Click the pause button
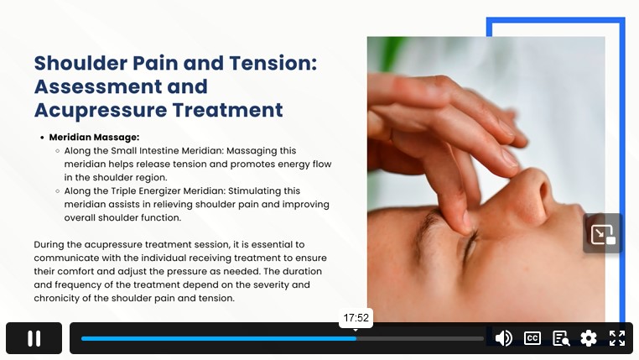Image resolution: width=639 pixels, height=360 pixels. [34, 338]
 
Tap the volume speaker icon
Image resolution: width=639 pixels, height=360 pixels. [504, 338]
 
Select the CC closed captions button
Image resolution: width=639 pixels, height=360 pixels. [532, 338]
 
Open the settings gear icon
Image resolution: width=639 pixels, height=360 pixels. [589, 338]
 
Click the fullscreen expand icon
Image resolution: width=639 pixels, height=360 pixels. [617, 338]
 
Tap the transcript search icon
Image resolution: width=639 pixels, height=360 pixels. [561, 338]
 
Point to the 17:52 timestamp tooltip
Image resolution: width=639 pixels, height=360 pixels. [356, 317]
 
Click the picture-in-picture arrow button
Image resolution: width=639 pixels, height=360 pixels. [603, 233]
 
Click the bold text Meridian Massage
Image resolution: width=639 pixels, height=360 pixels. [94, 138]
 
